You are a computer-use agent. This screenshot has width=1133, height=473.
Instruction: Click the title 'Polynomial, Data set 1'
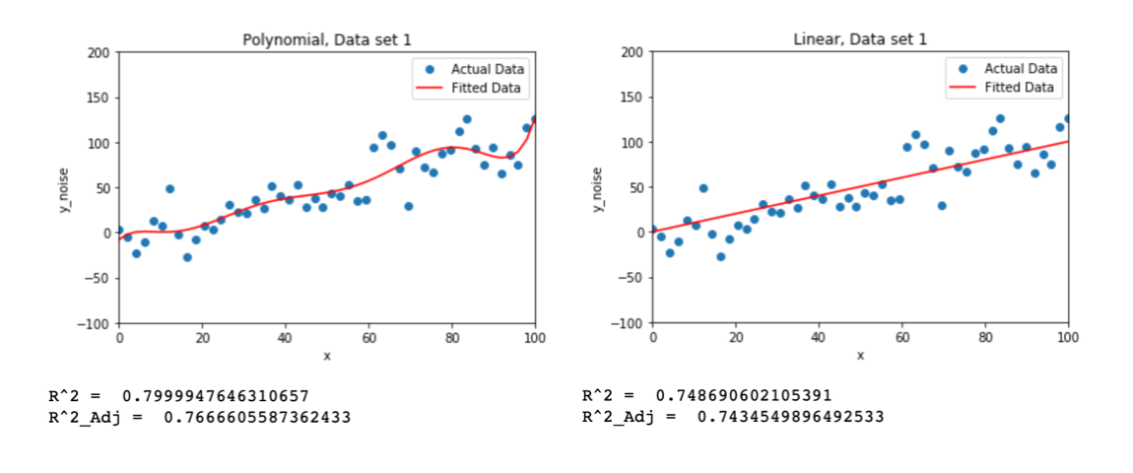326,39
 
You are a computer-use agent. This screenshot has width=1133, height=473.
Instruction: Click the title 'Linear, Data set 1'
860,39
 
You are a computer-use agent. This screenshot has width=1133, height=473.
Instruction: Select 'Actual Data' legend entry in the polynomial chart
487,69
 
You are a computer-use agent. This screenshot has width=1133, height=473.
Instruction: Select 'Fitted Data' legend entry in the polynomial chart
487,88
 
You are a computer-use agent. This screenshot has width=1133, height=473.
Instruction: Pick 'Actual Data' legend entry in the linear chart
1020,69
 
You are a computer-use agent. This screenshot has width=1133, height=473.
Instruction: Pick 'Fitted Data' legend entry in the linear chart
1020,88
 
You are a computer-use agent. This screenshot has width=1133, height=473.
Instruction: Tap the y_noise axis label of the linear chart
596,187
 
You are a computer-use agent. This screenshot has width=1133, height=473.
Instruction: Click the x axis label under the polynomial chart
326,355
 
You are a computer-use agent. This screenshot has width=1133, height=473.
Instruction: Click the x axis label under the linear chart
860,355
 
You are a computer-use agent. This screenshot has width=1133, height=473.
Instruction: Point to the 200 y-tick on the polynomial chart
99,52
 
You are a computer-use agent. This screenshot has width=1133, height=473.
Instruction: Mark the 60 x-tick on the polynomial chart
368,338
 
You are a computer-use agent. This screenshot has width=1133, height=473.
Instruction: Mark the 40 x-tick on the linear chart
819,338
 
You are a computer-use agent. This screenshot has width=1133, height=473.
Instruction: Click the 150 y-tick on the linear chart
633,98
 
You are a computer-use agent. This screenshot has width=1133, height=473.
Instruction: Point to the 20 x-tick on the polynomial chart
202,338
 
